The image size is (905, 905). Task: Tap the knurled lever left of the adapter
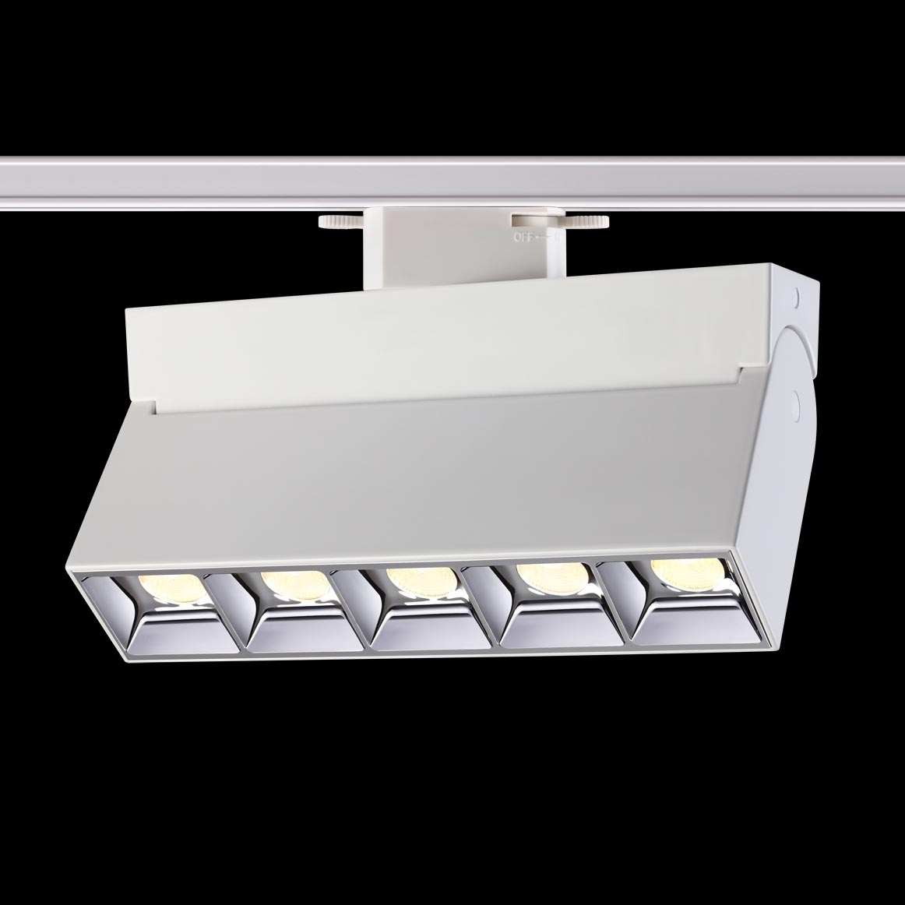[340, 221]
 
